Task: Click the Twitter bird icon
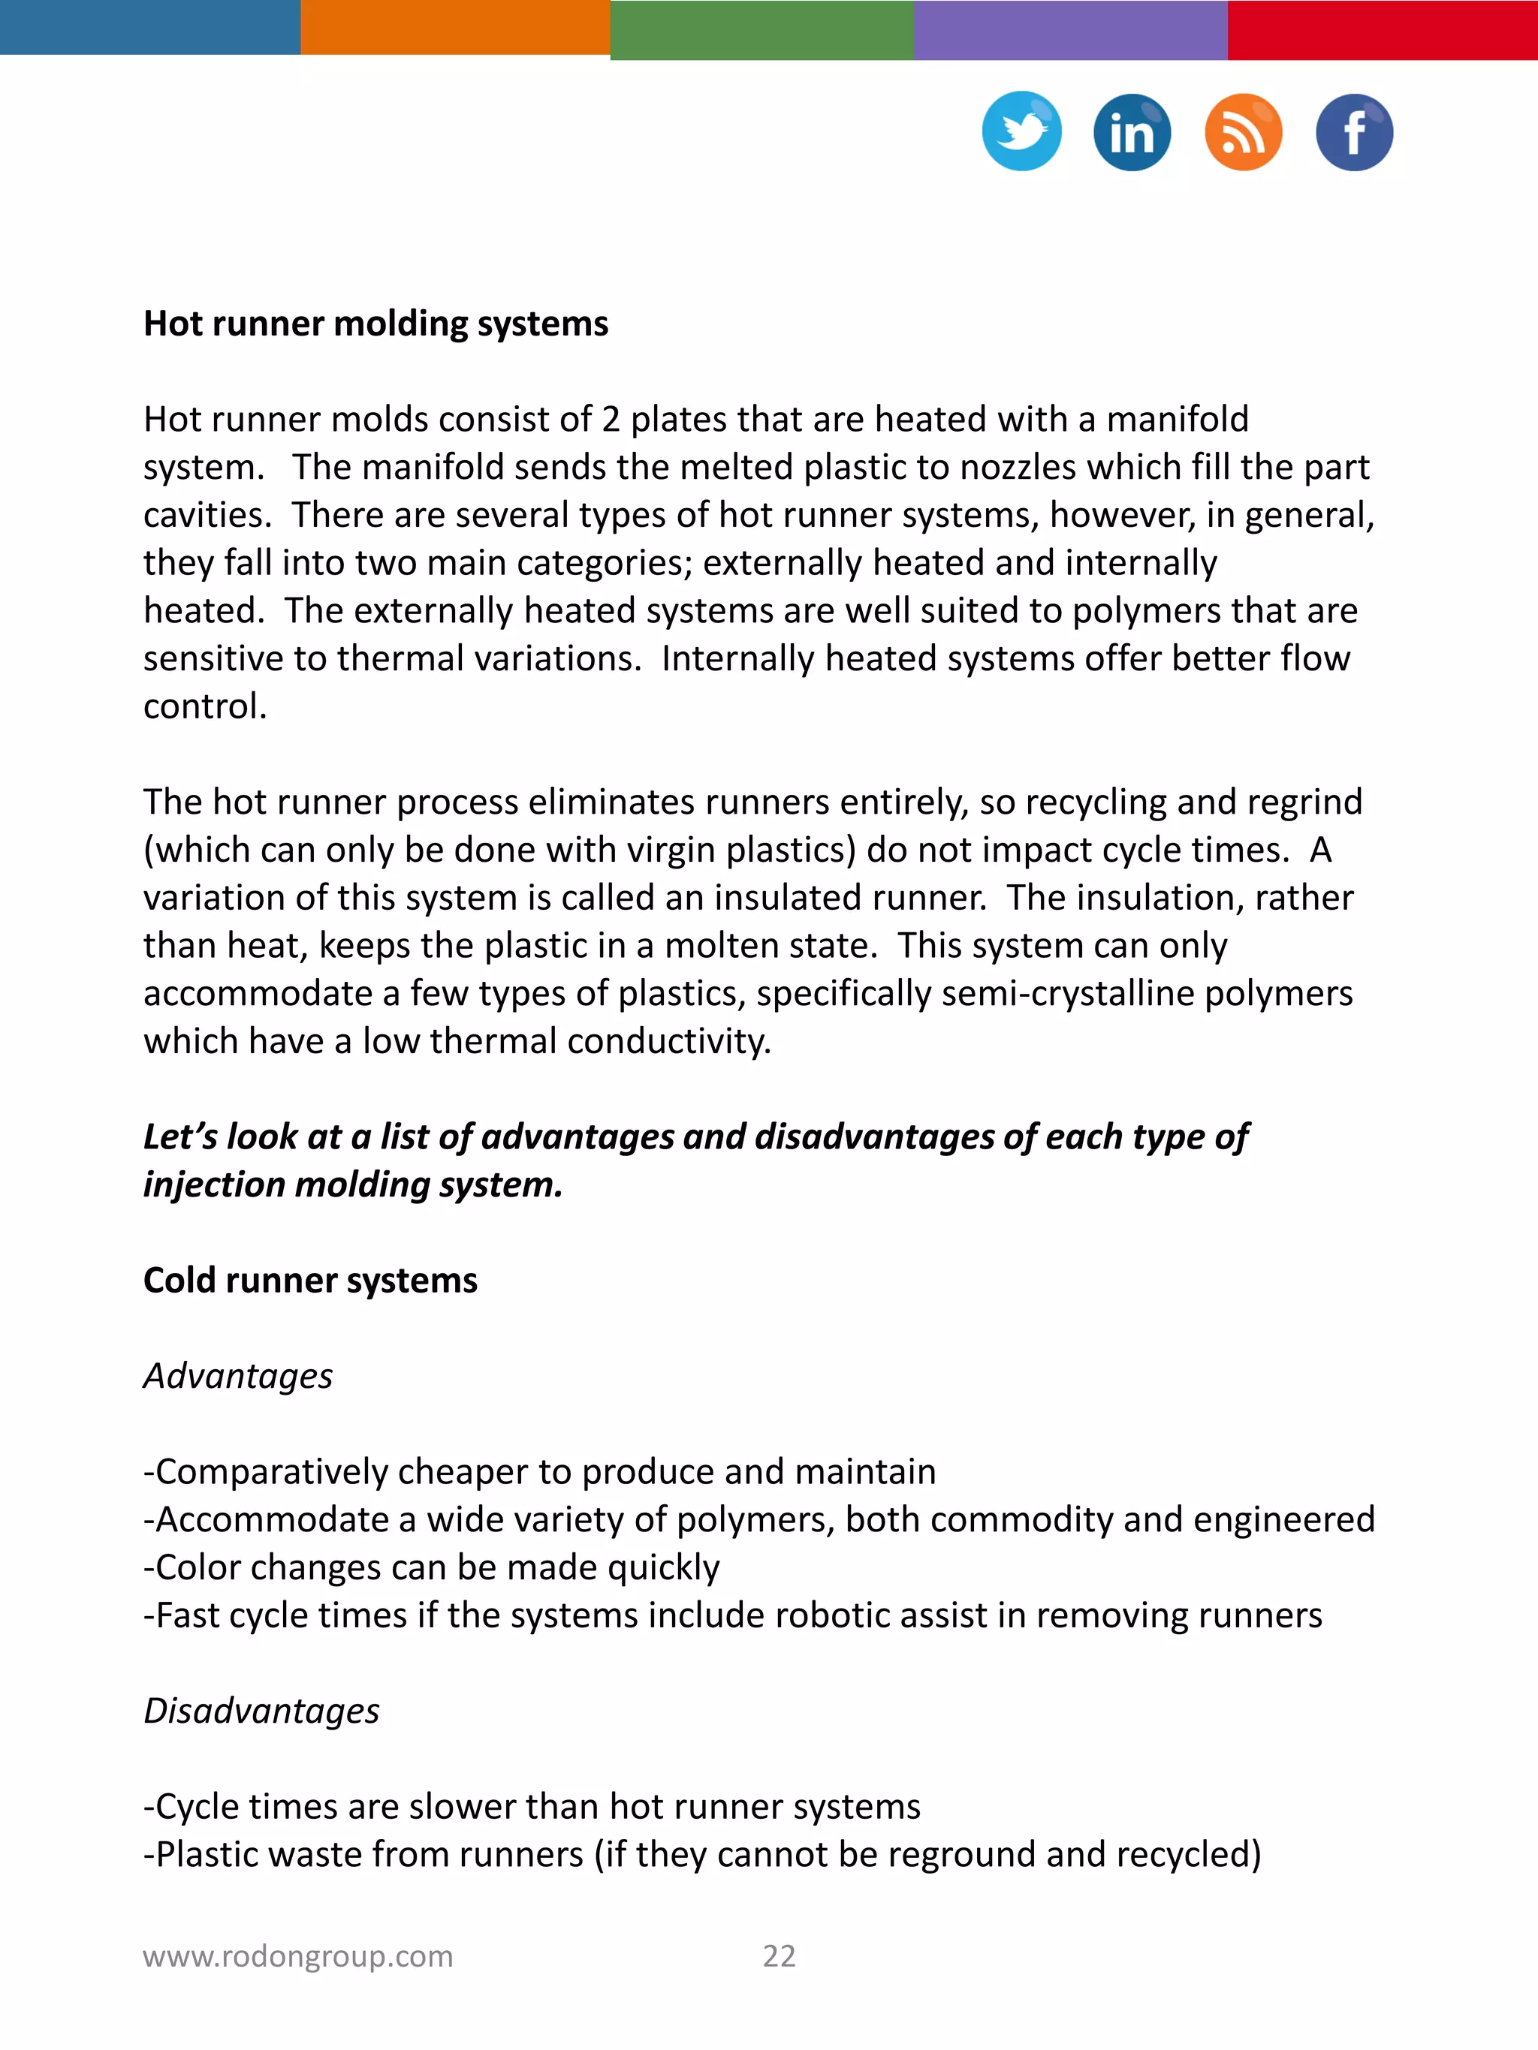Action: pyautogui.click(x=1021, y=131)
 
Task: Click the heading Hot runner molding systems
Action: pyautogui.click(x=375, y=324)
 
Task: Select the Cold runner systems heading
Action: pyautogui.click(x=309, y=1280)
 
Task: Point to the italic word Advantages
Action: pyautogui.click(x=237, y=1375)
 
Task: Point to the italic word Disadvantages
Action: pyautogui.click(x=261, y=1710)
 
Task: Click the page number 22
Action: pyautogui.click(x=779, y=1955)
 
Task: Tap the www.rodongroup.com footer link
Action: pyautogui.click(x=297, y=1955)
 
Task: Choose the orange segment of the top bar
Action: pyautogui.click(x=454, y=27)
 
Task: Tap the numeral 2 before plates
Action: pyautogui.click(x=610, y=419)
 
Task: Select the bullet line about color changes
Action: pyautogui.click(x=431, y=1567)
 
